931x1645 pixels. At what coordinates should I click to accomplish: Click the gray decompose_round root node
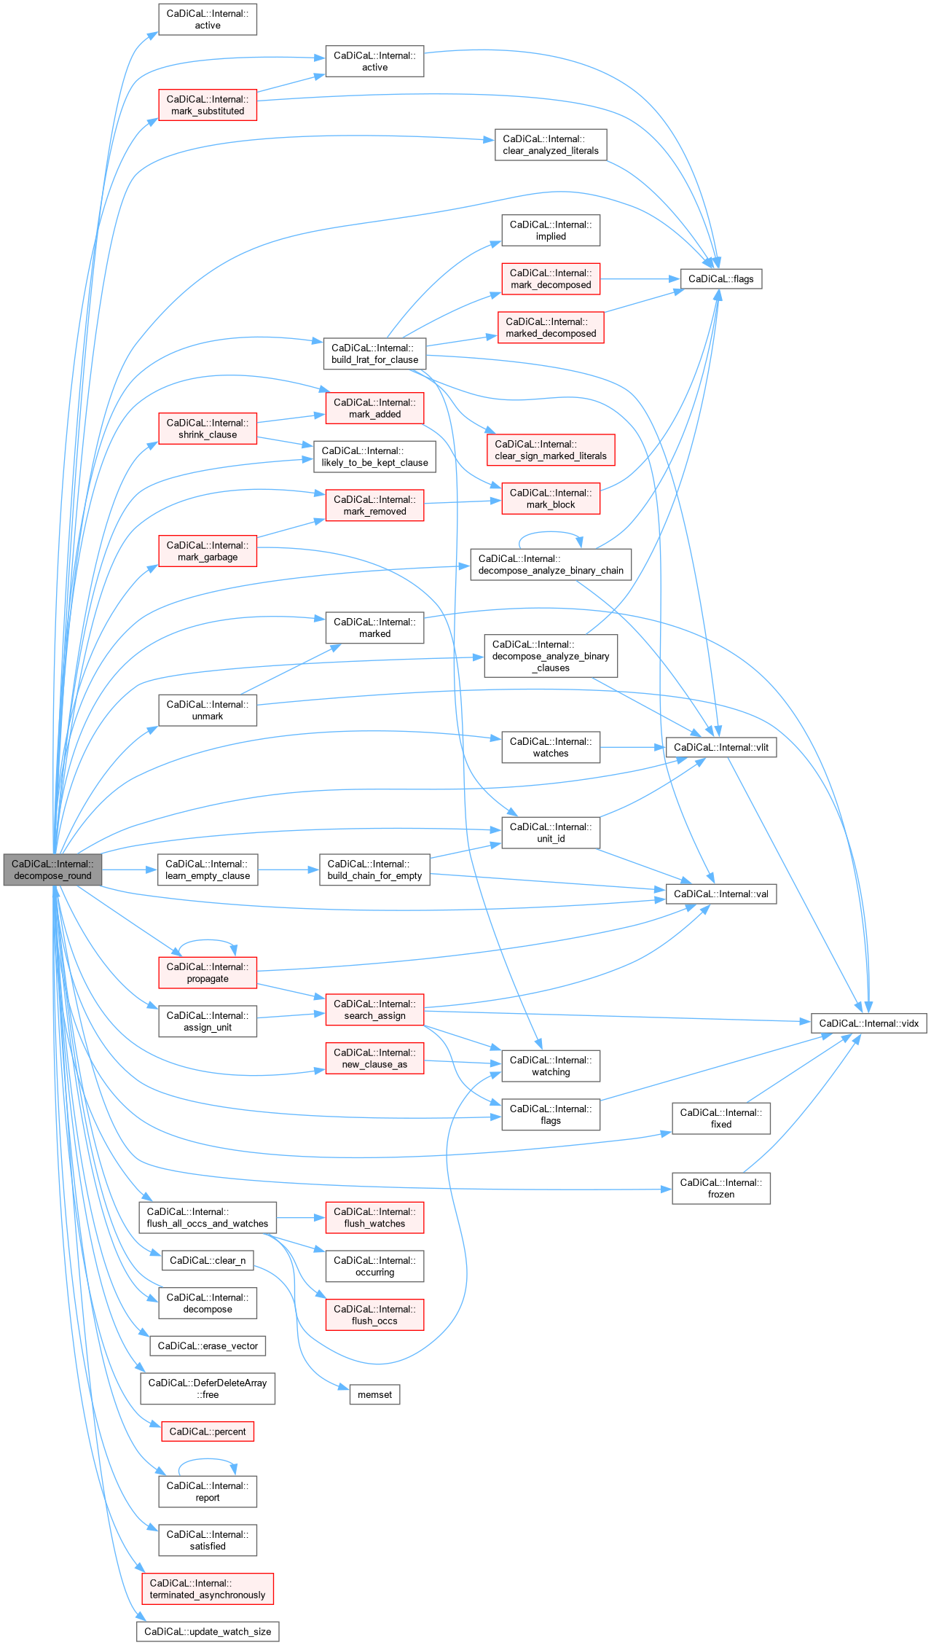(x=52, y=870)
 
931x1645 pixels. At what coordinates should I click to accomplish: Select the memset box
(x=374, y=1394)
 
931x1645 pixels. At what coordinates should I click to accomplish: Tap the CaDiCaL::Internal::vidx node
(x=868, y=1023)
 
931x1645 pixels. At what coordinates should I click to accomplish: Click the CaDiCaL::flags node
(x=720, y=278)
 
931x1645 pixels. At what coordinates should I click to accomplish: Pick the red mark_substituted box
(x=208, y=105)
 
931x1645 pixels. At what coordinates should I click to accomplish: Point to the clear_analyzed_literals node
(x=550, y=144)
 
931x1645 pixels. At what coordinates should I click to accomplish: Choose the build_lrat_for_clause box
(x=374, y=353)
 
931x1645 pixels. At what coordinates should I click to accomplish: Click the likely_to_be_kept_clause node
(x=374, y=456)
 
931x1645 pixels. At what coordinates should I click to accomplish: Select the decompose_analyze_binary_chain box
(x=550, y=564)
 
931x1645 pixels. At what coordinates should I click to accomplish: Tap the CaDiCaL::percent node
(x=208, y=1431)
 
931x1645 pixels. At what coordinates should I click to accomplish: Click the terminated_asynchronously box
(x=208, y=1588)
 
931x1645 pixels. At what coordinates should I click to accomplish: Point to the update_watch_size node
(x=208, y=1631)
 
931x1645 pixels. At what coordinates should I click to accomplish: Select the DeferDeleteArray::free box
(x=208, y=1388)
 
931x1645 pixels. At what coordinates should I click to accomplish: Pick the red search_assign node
(x=374, y=1009)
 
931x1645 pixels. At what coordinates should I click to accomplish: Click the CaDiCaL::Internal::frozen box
(x=720, y=1188)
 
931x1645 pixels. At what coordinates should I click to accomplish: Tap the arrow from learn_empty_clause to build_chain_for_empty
(x=288, y=870)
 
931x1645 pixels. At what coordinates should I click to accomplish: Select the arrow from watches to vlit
(x=632, y=747)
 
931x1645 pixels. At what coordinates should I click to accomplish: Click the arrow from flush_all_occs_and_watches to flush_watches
(x=301, y=1217)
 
